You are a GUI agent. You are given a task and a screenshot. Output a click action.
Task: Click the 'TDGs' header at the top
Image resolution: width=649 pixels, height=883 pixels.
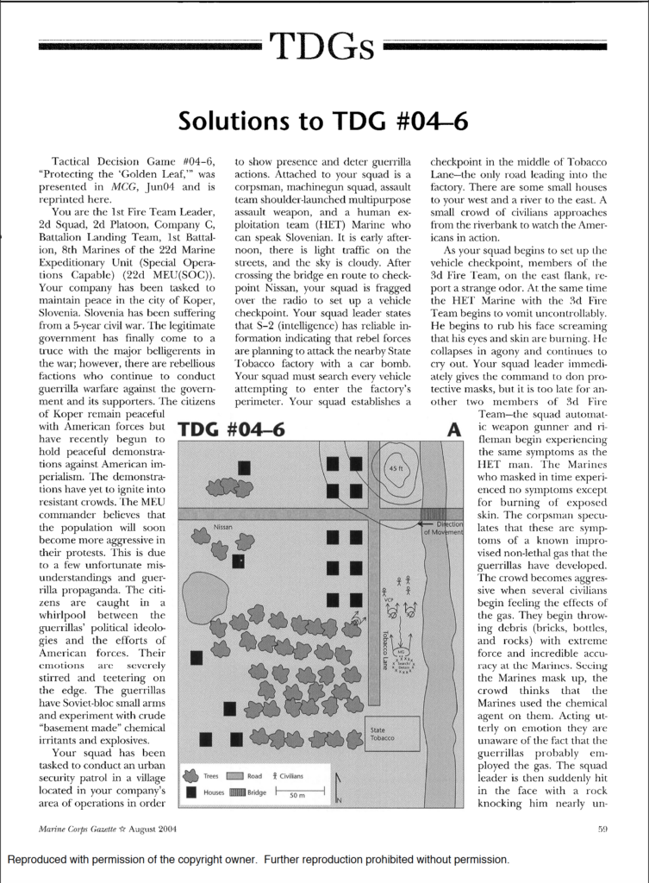[x=323, y=44]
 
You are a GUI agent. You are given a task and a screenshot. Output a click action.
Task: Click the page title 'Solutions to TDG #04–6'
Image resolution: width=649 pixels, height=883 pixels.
[x=323, y=122]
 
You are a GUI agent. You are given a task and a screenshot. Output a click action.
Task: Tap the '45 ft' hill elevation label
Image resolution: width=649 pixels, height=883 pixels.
[x=396, y=467]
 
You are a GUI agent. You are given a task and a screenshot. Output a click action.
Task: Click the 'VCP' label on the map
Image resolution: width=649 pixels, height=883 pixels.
[x=390, y=596]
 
